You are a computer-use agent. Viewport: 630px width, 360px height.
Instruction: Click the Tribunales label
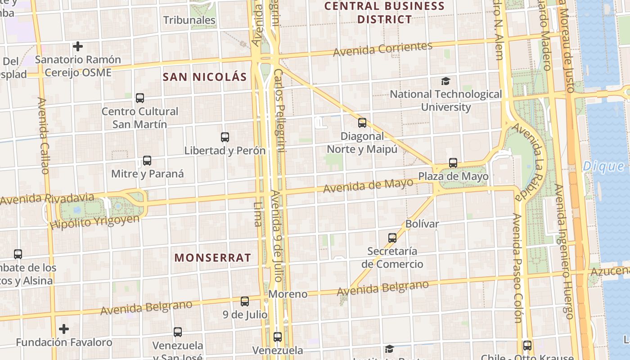click(189, 20)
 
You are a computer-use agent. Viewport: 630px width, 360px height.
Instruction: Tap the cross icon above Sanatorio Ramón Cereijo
click(78, 46)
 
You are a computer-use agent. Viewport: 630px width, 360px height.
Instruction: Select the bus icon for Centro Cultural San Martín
click(140, 98)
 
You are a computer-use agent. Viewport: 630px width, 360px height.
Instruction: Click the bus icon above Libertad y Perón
click(225, 137)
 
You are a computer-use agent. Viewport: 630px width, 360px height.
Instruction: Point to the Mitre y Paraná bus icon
click(147, 160)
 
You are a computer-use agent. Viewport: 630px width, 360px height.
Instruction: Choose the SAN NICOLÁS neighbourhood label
click(205, 77)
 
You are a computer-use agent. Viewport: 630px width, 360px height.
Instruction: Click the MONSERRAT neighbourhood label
click(213, 258)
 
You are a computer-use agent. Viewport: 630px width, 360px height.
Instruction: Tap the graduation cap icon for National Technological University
click(445, 81)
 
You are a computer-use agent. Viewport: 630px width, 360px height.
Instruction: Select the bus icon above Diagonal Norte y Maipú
click(362, 122)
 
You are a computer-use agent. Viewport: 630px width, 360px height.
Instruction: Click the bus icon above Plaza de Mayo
click(453, 163)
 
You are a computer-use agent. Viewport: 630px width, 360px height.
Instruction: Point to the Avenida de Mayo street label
click(368, 185)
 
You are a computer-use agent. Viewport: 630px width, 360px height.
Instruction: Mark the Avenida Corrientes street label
click(382, 49)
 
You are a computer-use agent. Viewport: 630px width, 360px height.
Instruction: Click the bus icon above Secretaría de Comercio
click(392, 238)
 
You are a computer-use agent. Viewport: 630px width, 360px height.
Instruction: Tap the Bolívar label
click(422, 224)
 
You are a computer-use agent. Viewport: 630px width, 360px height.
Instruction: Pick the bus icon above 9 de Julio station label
click(245, 301)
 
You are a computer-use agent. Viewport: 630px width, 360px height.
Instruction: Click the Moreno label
click(288, 294)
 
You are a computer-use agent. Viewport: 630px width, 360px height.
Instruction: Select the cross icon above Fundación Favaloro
click(64, 329)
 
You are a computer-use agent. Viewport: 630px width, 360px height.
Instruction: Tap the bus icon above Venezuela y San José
click(178, 332)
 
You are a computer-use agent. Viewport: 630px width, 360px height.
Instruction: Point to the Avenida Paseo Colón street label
click(517, 268)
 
